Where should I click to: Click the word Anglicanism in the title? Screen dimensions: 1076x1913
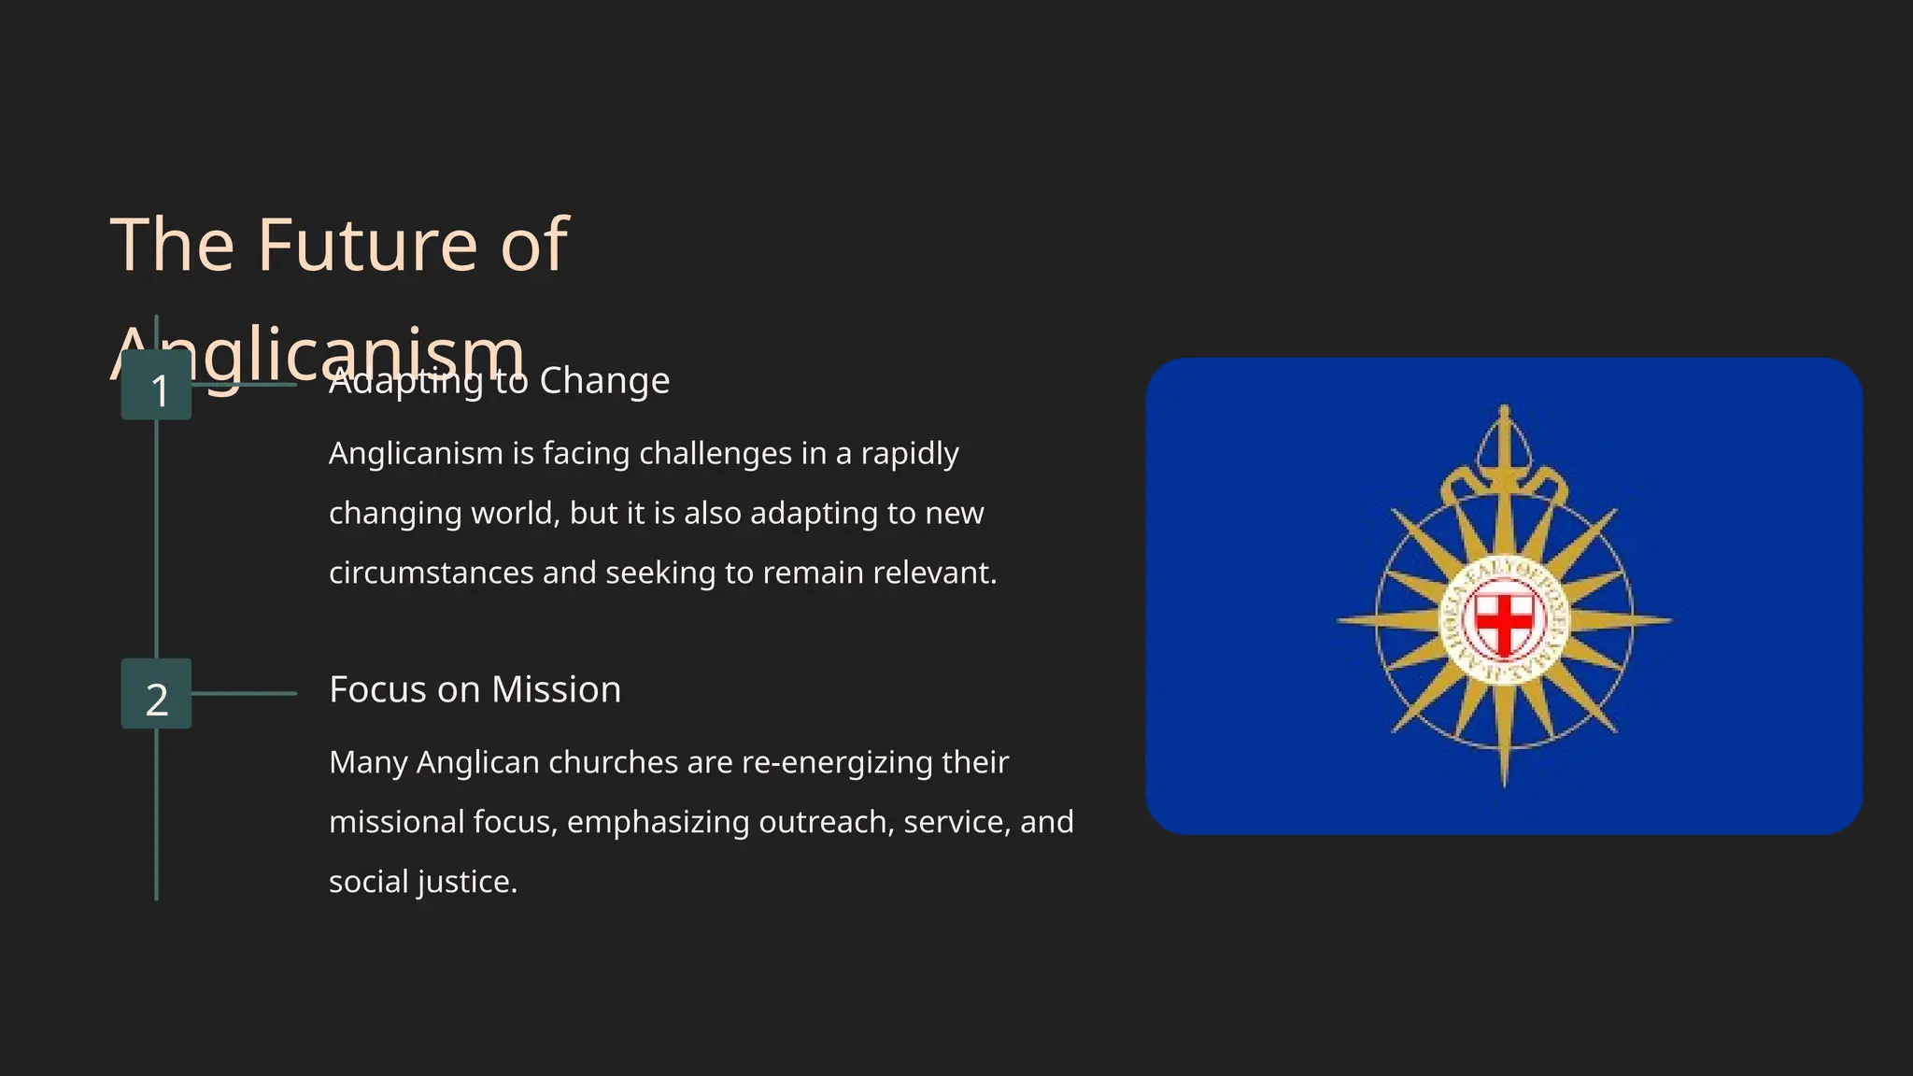318,355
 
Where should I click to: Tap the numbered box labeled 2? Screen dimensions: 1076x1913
157,694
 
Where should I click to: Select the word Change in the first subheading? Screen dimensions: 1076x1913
604,381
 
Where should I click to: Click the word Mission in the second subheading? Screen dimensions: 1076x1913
556,690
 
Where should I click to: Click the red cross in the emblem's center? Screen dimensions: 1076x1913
1504,619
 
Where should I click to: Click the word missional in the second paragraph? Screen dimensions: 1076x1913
397,823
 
